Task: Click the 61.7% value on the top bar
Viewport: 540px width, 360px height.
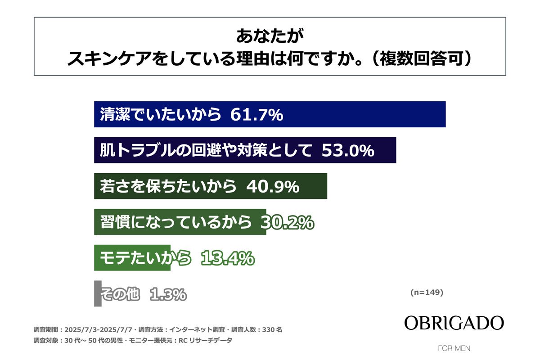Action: [256, 115]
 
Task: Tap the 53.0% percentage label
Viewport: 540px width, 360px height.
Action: [348, 150]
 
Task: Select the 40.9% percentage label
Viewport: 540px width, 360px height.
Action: [273, 186]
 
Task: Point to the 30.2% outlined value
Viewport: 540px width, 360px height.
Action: [288, 222]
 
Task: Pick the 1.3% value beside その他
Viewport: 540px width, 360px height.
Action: [167, 294]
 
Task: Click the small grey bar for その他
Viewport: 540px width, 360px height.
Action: [98, 294]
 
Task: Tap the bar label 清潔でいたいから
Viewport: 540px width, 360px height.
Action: [161, 115]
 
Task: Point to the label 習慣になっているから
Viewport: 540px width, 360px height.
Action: [175, 222]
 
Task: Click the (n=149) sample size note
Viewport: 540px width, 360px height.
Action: [427, 292]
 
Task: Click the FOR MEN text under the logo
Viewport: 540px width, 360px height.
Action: [454, 348]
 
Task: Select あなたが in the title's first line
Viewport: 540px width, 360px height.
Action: [270, 36]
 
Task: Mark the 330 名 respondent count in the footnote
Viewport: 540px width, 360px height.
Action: [273, 329]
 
